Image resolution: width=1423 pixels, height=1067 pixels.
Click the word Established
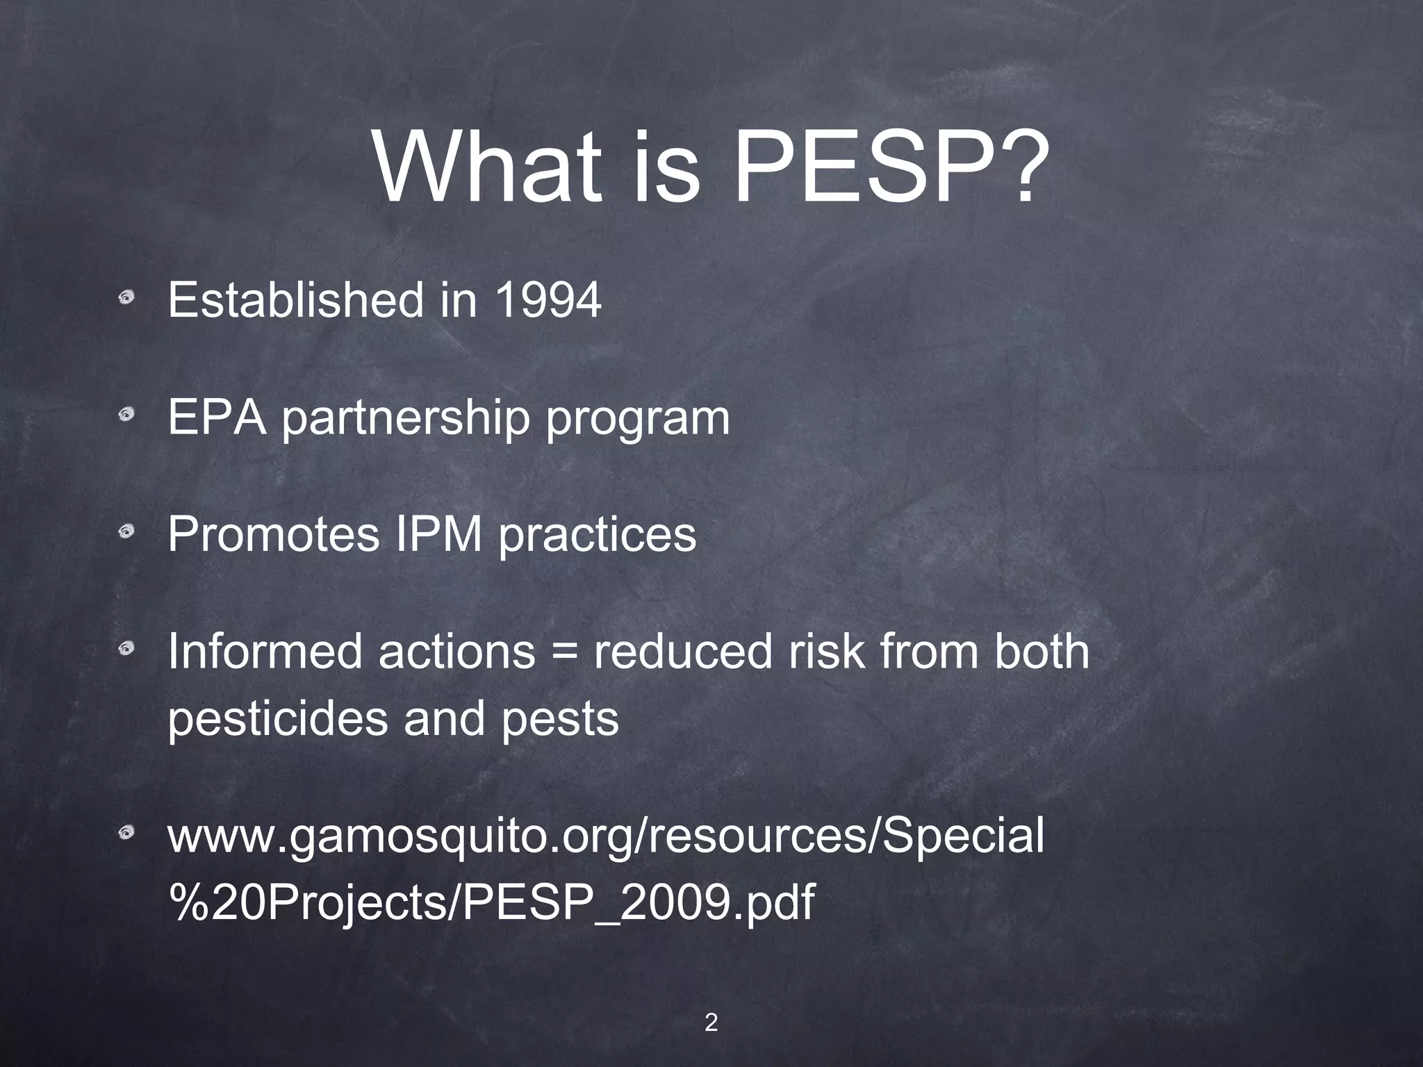(295, 300)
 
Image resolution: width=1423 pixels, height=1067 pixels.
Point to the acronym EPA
(216, 417)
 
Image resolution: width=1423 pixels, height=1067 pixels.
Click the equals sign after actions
(564, 653)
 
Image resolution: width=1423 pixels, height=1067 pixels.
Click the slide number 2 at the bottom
(711, 1003)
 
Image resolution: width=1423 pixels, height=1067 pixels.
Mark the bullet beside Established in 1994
(126, 299)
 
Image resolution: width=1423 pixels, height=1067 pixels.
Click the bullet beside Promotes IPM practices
(126, 533)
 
